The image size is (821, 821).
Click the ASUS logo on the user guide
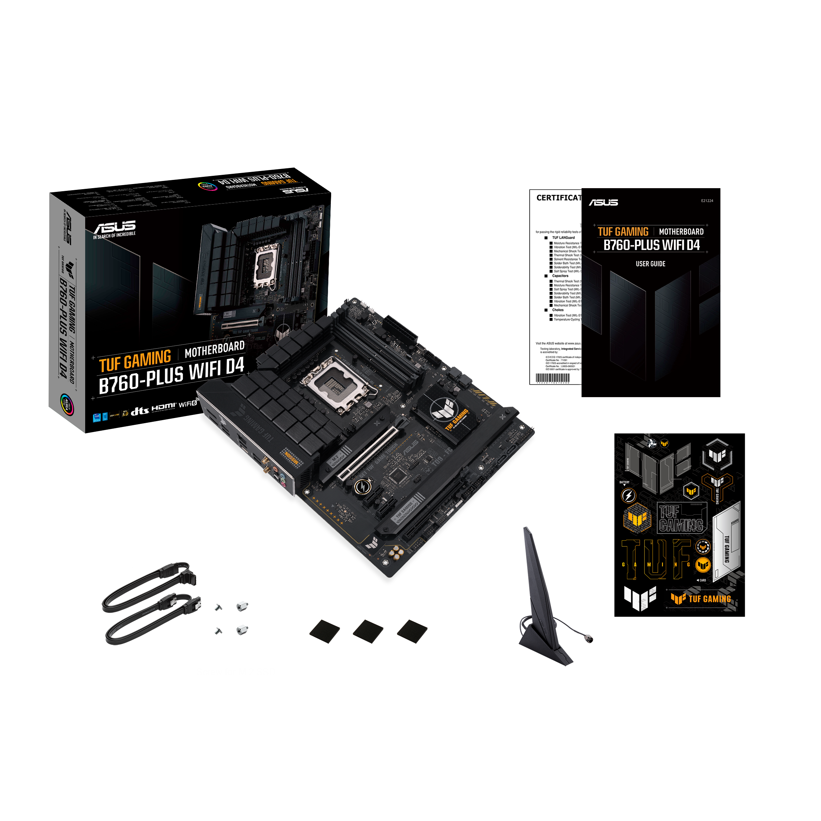(603, 202)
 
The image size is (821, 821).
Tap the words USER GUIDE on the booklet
(650, 264)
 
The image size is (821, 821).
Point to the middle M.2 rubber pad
(368, 631)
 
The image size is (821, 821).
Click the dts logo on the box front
(140, 410)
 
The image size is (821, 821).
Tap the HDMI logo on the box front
(164, 407)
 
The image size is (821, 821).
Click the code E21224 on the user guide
(707, 200)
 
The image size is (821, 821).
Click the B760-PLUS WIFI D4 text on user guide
(651, 245)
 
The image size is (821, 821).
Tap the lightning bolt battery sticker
(628, 495)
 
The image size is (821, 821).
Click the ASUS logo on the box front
(115, 227)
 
